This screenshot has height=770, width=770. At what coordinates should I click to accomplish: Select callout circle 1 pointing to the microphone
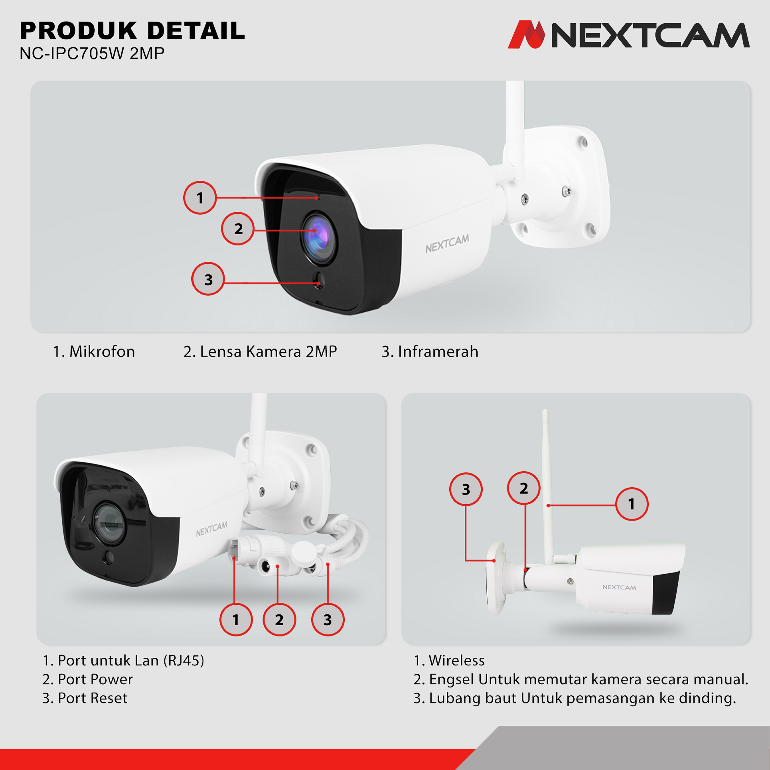tap(200, 198)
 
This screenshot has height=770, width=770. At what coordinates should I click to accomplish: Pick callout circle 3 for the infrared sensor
tap(208, 279)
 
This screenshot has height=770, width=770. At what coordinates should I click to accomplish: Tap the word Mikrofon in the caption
tap(102, 352)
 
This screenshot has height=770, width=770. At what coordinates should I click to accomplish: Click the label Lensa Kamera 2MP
tap(268, 352)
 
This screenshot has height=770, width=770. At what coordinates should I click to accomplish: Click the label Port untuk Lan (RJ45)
tap(131, 660)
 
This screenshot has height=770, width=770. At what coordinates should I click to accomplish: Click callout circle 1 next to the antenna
tap(632, 504)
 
